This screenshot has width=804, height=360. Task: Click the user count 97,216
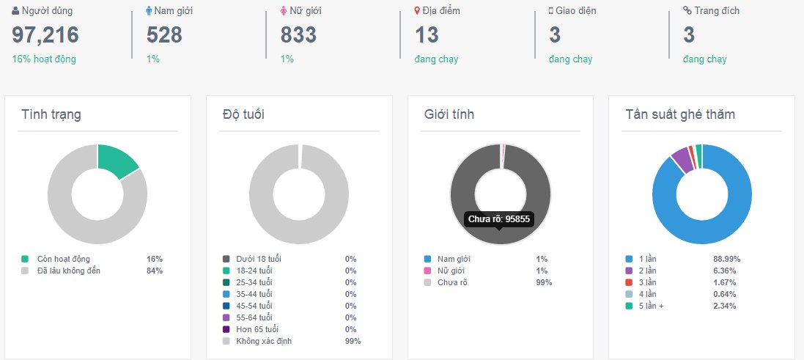click(45, 34)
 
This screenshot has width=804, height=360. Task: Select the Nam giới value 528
click(164, 34)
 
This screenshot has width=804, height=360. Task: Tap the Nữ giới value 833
click(298, 34)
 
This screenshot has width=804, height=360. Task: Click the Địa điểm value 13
click(427, 34)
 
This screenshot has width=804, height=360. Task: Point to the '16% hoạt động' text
click(44, 59)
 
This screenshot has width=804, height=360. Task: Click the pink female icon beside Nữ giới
click(284, 11)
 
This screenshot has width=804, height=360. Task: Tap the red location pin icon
click(417, 11)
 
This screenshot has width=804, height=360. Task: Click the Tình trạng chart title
click(51, 114)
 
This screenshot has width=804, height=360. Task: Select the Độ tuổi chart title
click(243, 114)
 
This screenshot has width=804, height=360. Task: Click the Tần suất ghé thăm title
click(680, 114)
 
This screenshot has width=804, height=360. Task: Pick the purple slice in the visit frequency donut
click(682, 159)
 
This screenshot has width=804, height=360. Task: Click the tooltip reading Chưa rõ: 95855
click(499, 218)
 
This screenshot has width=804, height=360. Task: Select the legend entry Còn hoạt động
click(63, 259)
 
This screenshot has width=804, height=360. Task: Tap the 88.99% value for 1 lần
click(726, 259)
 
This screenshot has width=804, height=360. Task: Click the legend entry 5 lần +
click(652, 306)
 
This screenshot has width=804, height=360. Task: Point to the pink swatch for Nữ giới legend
click(427, 271)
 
